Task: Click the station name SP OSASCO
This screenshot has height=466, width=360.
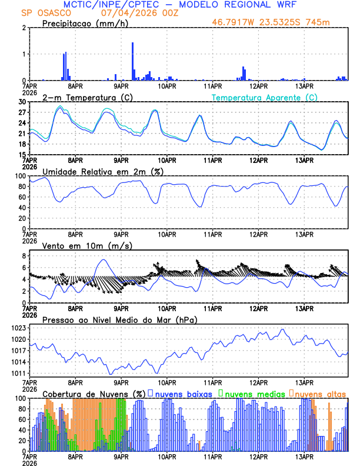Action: [45, 13]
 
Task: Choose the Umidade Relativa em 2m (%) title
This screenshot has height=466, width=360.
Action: [103, 171]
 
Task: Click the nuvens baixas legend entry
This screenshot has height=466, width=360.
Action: [182, 393]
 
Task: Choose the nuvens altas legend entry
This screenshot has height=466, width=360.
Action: [319, 393]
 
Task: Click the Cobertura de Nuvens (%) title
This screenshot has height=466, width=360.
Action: [94, 393]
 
